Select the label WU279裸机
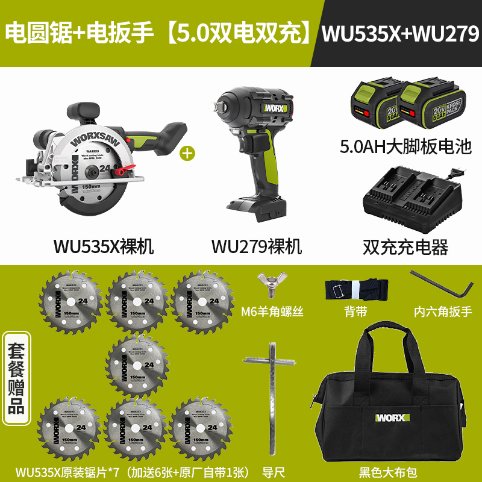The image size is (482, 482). point(256,246)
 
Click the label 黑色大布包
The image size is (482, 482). point(392,472)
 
